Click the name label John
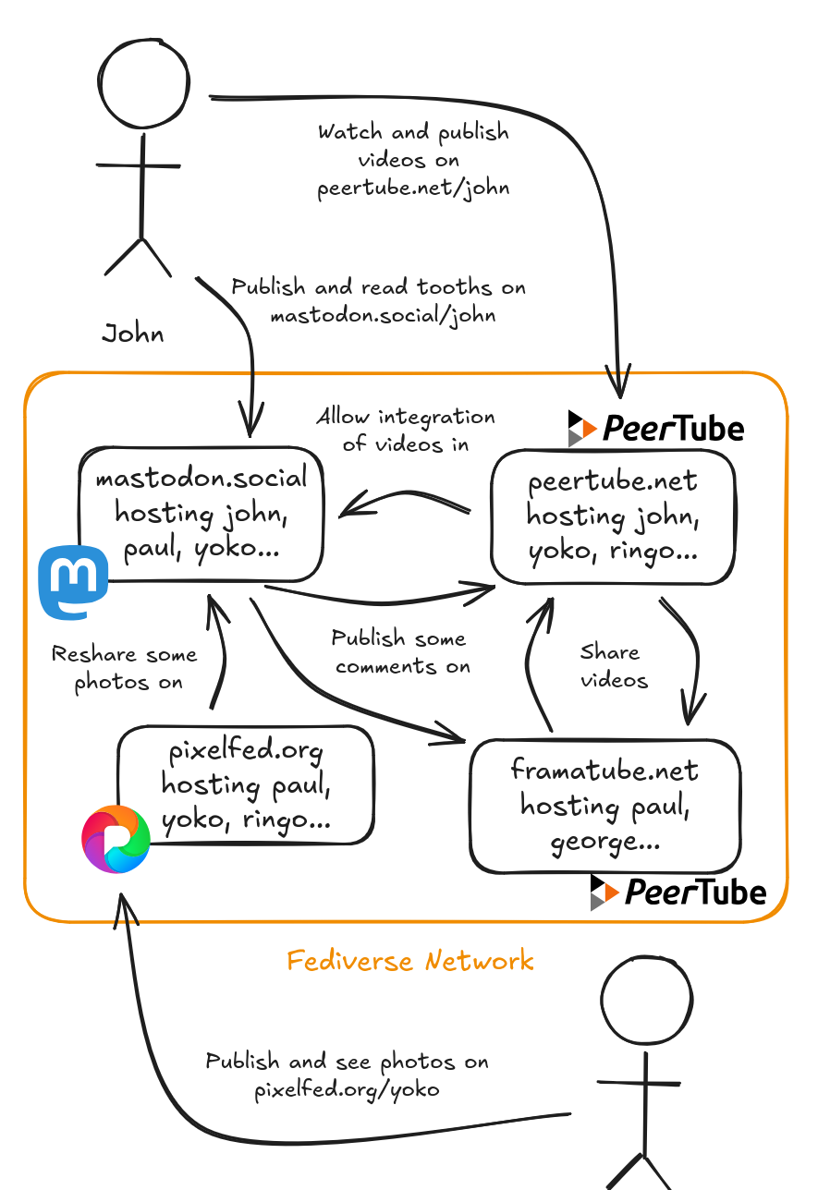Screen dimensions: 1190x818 133,334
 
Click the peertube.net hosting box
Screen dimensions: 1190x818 612,517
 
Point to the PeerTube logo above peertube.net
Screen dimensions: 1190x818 656,428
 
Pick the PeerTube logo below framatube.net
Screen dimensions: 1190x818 678,892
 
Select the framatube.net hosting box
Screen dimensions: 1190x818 604,806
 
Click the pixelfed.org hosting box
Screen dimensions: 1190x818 246,785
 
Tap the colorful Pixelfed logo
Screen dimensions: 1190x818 116,838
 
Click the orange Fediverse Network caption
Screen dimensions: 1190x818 409,961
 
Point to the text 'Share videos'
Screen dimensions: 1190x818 610,666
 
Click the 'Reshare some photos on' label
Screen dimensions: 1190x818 125,669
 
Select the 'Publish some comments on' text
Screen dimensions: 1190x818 401,652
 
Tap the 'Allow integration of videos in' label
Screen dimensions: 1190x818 406,431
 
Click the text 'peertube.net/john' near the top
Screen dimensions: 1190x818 413,188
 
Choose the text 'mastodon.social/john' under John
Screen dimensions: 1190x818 383,315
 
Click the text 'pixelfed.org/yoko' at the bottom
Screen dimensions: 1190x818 347,1089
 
